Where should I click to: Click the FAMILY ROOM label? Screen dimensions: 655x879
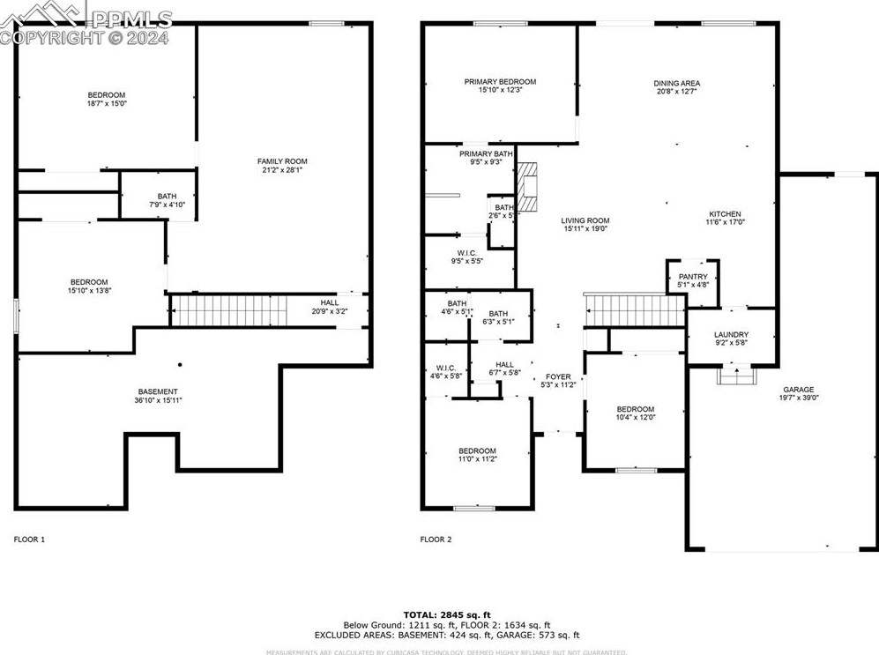point(282,161)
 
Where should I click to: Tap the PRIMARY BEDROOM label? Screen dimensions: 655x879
point(500,82)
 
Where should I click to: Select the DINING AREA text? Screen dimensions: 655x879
point(676,84)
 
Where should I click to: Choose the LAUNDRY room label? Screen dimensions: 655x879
point(731,335)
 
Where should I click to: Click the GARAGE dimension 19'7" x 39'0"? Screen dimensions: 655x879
point(799,398)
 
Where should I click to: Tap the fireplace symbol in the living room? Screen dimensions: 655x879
point(526,188)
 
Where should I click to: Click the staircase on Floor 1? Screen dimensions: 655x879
point(229,310)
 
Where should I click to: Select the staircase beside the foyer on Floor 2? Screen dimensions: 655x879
point(635,309)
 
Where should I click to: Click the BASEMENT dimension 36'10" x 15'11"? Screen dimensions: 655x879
point(158,400)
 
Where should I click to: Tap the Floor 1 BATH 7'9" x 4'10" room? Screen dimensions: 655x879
point(167,200)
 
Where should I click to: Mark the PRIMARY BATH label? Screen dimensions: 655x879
point(480,153)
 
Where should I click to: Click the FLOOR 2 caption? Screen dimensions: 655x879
point(436,539)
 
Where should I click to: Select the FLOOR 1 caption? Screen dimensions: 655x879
point(29,539)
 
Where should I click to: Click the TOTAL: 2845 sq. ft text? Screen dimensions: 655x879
point(447,614)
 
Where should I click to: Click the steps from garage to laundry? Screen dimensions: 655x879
point(733,376)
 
